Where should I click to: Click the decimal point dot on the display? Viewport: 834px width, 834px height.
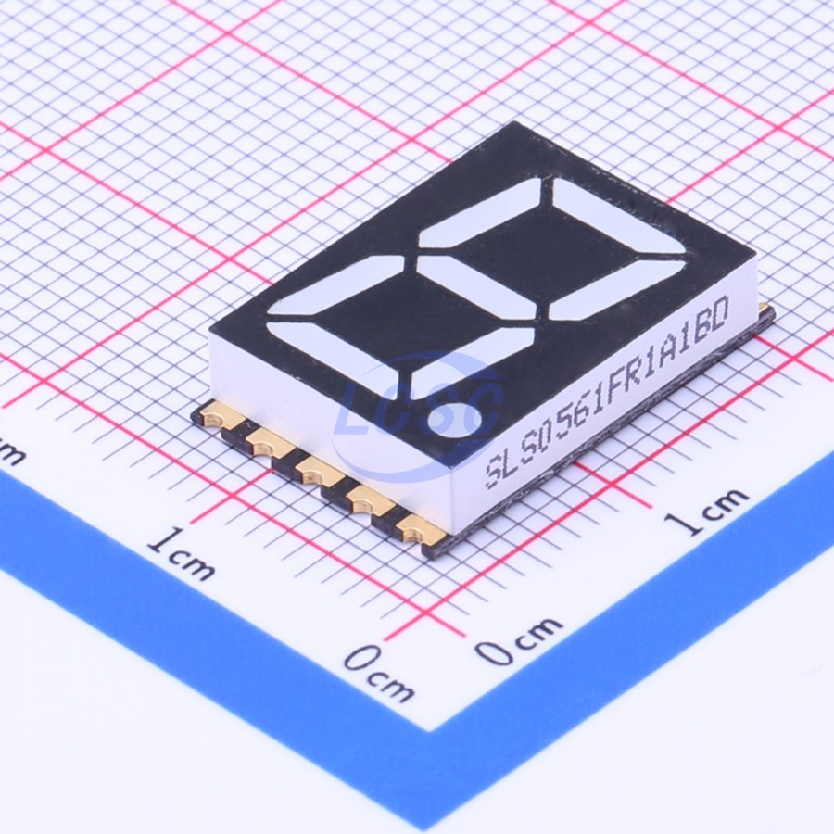pyautogui.click(x=455, y=419)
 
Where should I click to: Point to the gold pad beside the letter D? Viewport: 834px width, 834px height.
pyautogui.click(x=764, y=309)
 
